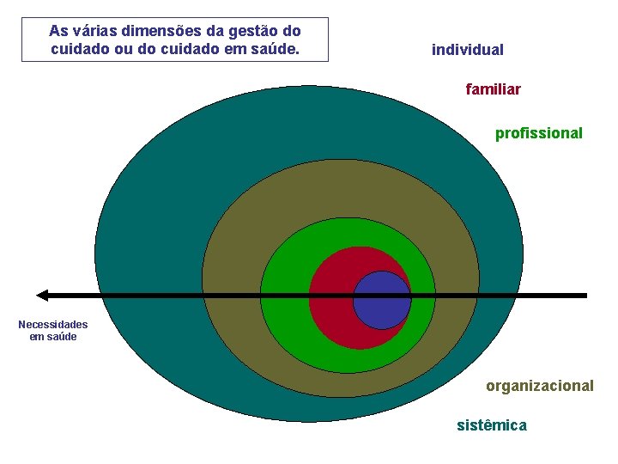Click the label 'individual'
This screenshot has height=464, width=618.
(467, 50)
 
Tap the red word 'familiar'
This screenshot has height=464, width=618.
(493, 89)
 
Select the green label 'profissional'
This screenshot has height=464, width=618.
(538, 133)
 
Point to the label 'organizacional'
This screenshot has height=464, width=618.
(539, 386)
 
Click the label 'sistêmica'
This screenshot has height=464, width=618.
(492, 425)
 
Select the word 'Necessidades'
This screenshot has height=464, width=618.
(53, 325)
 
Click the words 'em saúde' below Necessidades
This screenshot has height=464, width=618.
(53, 336)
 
